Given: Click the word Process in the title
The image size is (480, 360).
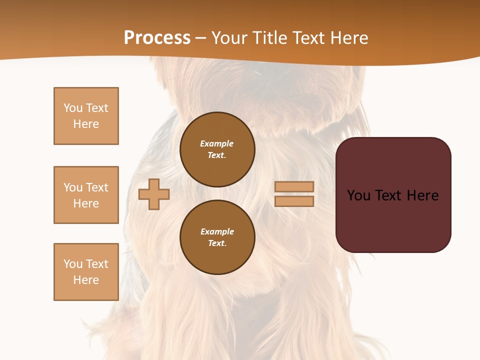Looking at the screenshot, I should coord(157,38).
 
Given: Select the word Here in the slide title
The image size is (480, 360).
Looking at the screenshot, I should coord(348,38).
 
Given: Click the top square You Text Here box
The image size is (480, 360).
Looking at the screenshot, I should coord(86,116).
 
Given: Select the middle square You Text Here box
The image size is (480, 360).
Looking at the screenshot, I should coord(86,195).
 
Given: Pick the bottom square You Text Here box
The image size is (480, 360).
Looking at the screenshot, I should coord(86,272).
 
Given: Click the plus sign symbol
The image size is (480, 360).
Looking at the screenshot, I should coord(154,194).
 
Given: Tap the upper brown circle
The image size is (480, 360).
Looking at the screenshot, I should coord(217,149).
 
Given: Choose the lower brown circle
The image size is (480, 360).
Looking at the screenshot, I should coord(217,237).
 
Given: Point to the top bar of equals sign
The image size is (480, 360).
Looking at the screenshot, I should coord(294,186).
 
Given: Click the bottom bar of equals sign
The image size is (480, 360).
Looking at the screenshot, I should coord(294,201).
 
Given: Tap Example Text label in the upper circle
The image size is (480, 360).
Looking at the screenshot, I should coord(217,149).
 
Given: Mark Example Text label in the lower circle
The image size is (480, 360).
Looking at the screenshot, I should coord(217,237).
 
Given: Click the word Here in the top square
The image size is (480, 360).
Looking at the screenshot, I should coord(86,124).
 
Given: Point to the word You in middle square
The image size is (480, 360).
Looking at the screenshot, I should coord(72,187).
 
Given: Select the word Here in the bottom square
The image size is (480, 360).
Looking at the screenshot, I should coord(86,280).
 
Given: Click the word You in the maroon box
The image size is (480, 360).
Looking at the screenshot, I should coord(358,195).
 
